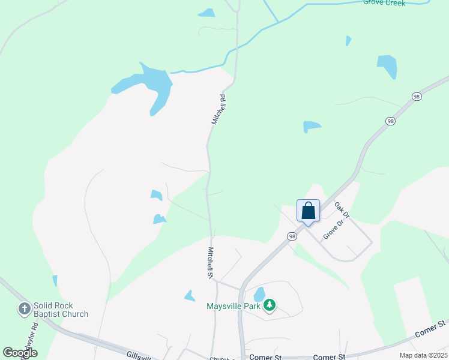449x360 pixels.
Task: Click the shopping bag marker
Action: pos(308,211)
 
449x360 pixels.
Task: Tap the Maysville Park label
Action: pos(234,306)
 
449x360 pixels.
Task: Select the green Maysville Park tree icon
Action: pos(270,306)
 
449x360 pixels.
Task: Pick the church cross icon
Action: pos(24,310)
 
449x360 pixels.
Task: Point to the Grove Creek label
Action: pos(384,3)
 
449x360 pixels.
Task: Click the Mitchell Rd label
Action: pos(218,109)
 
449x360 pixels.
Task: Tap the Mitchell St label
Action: pos(211,263)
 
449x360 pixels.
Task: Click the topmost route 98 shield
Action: pos(416,97)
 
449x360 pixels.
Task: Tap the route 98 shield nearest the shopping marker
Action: pos(292,236)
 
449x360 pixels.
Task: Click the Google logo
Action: pos(20,353)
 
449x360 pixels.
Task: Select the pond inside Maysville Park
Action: pos(259,294)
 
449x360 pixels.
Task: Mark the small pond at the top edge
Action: pos(207,13)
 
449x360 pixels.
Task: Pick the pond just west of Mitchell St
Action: pos(190,295)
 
